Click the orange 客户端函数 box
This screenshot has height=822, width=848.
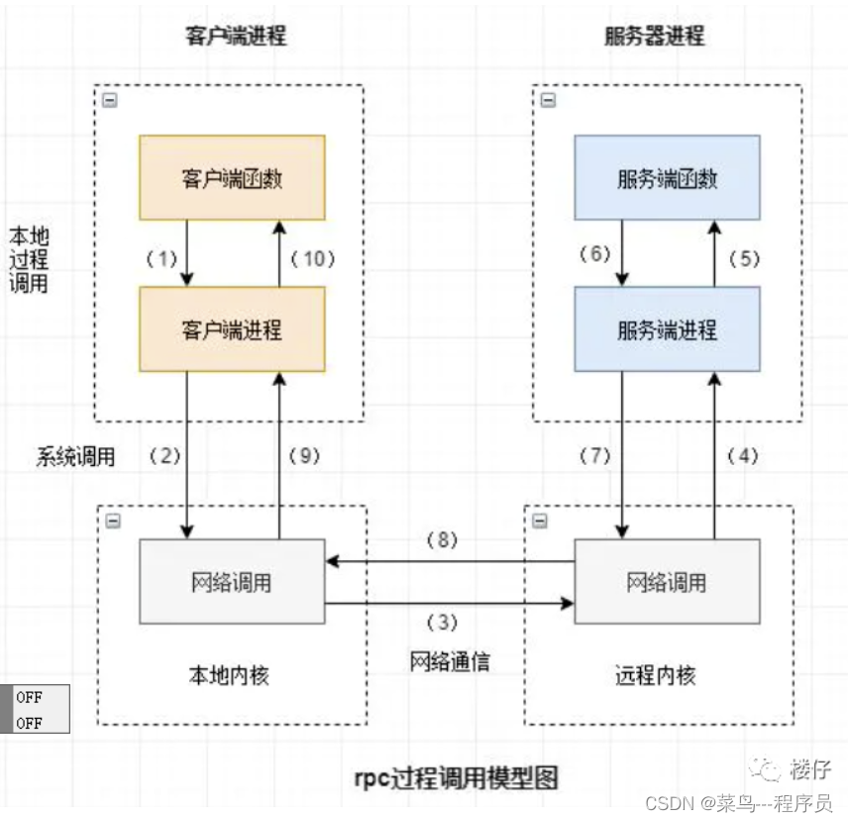(232, 177)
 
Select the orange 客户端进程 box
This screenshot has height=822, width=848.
(232, 329)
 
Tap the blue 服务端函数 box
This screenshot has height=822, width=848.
(667, 177)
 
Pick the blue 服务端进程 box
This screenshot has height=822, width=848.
(667, 329)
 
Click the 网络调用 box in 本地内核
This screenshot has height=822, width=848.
(232, 581)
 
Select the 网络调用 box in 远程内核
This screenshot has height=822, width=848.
(667, 581)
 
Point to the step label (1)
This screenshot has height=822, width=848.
(161, 259)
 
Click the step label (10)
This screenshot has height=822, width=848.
(314, 259)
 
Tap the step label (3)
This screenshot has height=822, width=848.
(442, 623)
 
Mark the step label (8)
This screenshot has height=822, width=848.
(442, 541)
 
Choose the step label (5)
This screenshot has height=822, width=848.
(743, 259)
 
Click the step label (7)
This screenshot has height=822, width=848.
(595, 456)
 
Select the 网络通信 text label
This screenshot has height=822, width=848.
(450, 662)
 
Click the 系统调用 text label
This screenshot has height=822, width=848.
(76, 457)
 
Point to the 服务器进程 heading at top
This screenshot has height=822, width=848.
(655, 37)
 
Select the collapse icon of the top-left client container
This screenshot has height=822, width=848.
(110, 101)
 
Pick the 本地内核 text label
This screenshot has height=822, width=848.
(229, 676)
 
